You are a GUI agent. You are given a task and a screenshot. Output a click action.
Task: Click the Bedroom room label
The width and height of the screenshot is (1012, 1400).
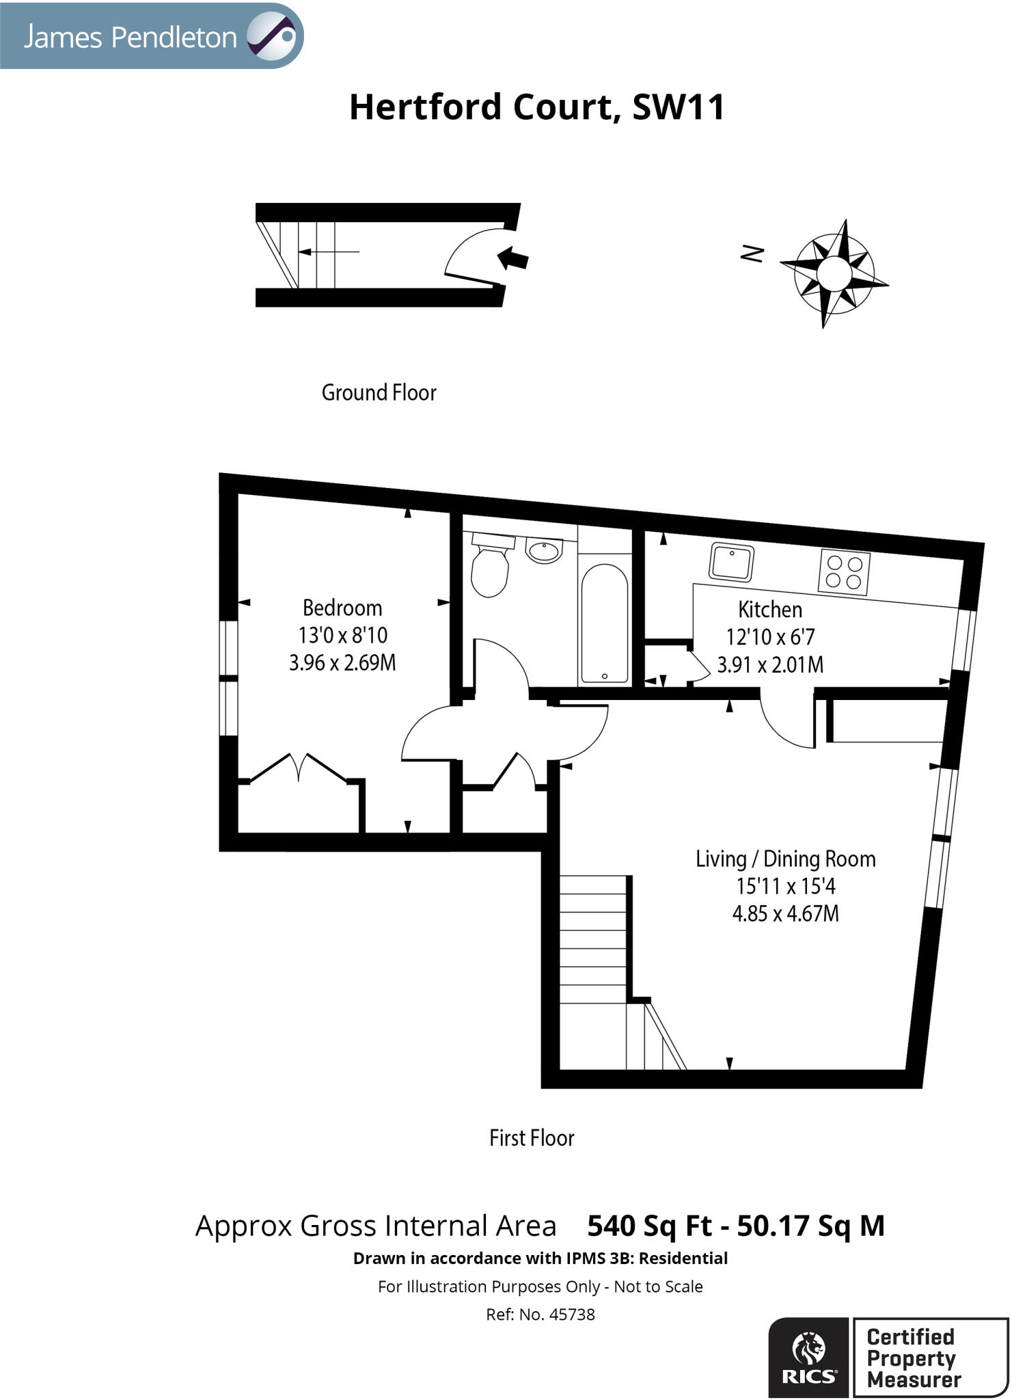coord(342,608)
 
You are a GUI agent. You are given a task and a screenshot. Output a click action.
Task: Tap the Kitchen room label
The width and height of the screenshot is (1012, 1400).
coord(769,609)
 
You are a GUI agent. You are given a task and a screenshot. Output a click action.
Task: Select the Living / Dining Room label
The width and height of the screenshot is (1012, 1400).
coord(785,859)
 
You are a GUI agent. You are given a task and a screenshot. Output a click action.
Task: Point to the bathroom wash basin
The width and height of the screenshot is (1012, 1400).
coord(544,550)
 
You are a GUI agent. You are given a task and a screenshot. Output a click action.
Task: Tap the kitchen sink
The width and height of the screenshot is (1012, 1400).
coord(731,561)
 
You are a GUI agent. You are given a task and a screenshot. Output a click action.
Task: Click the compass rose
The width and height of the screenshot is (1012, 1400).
coord(834,273)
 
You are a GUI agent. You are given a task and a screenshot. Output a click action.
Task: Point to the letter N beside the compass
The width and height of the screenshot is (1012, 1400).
coord(752,254)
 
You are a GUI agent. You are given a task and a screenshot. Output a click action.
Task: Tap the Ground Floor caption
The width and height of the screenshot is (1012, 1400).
coord(379,392)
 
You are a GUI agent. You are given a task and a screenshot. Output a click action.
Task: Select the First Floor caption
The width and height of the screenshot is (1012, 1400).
coord(532,1137)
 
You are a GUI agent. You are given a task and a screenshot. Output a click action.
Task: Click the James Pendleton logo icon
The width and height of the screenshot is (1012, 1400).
coord(271,36)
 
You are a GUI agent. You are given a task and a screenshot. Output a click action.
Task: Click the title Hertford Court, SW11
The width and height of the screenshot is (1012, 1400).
coord(536,107)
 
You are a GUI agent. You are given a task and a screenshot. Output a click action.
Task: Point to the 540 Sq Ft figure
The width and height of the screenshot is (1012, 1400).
coord(649,1226)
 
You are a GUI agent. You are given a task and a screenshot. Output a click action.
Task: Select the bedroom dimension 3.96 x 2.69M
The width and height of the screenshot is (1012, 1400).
coord(342,663)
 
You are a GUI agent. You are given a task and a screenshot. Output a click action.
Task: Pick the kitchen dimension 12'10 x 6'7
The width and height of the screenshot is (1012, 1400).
coord(769,637)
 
